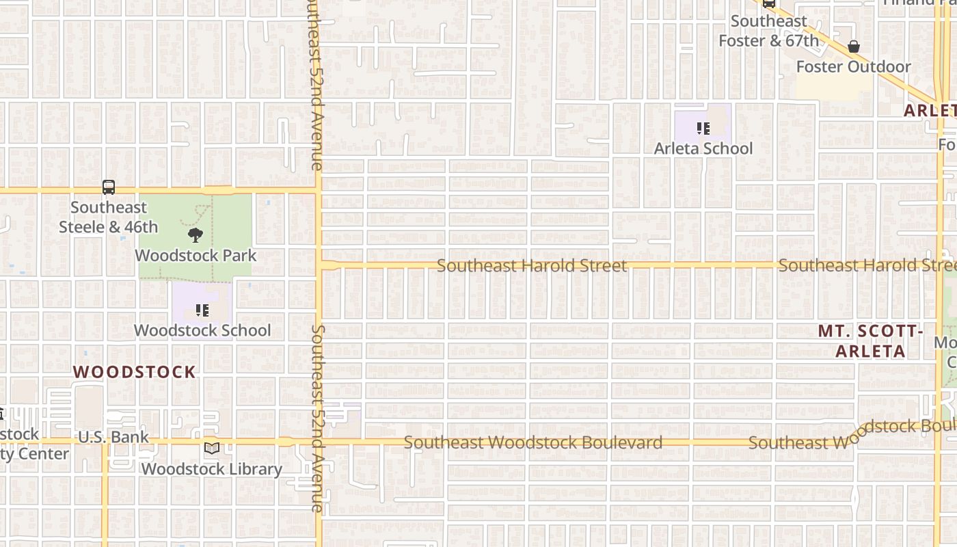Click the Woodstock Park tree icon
pos(196,236)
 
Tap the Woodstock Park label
pos(196,256)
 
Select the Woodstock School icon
pos(202,311)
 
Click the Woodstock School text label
pos(202,330)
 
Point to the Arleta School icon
pos(703,129)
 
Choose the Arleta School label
pos(703,148)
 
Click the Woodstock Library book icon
pos(212,449)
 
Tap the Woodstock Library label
pos(212,469)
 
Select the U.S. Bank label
pos(113,438)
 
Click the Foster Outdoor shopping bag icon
pos(853,46)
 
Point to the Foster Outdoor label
pos(853,67)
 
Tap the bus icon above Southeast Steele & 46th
pos(109,187)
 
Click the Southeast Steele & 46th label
pos(109,217)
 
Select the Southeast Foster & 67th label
pos(768,31)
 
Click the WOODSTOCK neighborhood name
pos(135,372)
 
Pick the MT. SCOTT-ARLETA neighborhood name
pos(871,341)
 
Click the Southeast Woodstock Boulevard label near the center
pos(533,442)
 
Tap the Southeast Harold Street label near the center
pos(532,265)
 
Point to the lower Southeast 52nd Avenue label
pos(317,418)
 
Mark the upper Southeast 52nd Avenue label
pos(316,85)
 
